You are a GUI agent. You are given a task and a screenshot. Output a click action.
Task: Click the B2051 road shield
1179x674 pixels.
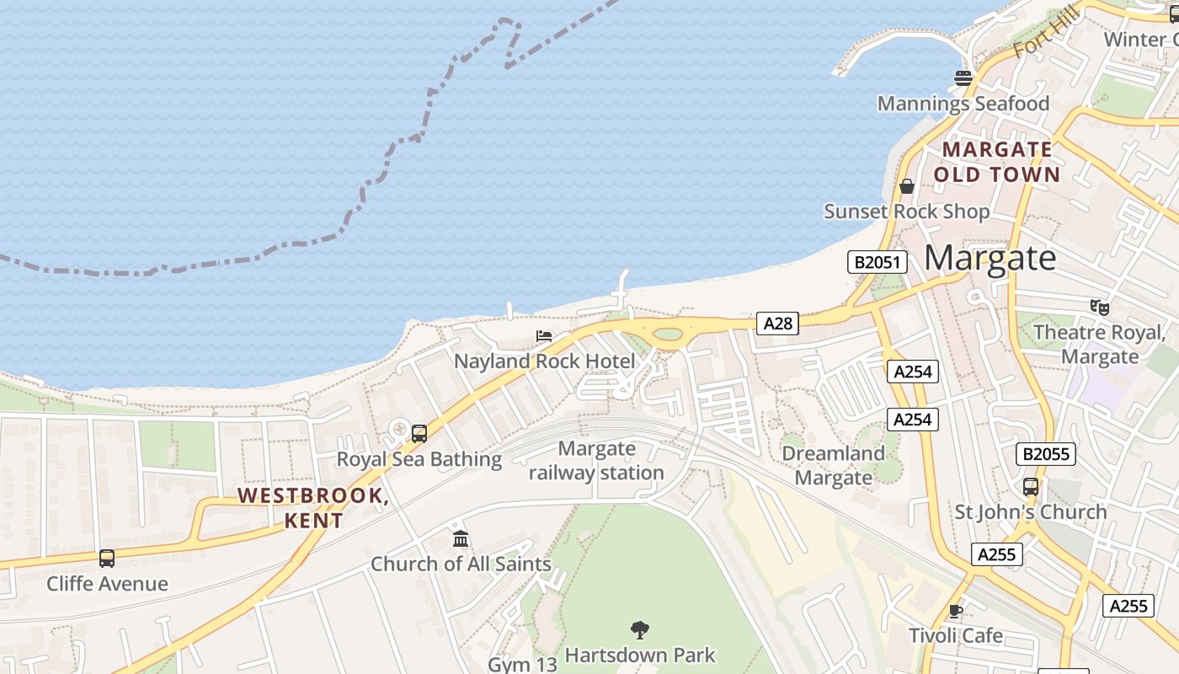click(878, 262)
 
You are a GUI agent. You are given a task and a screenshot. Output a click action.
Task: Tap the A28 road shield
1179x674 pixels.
click(776, 323)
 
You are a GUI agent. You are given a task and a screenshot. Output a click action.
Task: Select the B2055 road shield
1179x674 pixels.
click(1046, 454)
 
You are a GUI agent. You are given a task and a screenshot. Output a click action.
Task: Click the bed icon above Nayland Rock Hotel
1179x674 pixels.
click(544, 336)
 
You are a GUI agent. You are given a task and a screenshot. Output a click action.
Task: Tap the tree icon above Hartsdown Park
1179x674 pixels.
click(640, 629)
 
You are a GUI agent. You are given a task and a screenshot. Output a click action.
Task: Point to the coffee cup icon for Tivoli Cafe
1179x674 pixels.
click(955, 611)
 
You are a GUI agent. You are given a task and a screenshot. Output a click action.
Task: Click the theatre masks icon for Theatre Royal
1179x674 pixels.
click(1099, 308)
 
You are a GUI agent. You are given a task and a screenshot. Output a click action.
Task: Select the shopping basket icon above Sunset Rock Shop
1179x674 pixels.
click(907, 186)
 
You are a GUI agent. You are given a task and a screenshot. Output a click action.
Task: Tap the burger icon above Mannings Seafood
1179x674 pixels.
click(963, 78)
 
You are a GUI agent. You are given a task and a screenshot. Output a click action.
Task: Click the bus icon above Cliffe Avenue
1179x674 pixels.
click(107, 558)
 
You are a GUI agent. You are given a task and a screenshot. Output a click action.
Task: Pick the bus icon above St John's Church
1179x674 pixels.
click(1030, 487)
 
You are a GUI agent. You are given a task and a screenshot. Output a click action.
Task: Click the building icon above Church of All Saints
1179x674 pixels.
click(461, 538)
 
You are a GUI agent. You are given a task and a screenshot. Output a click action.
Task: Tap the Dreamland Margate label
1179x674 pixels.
click(833, 465)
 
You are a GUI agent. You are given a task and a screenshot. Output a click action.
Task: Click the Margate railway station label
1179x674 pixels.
click(596, 461)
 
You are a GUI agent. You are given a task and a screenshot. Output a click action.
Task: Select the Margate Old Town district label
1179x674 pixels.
click(996, 162)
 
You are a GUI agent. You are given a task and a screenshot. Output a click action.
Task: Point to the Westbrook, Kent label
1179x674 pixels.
click(313, 507)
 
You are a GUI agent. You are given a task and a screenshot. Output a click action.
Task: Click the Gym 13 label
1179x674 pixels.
click(522, 664)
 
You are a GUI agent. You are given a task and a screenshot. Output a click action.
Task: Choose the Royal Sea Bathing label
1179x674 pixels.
click(419, 459)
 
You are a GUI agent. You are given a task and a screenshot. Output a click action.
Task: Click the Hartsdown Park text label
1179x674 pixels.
click(639, 655)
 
